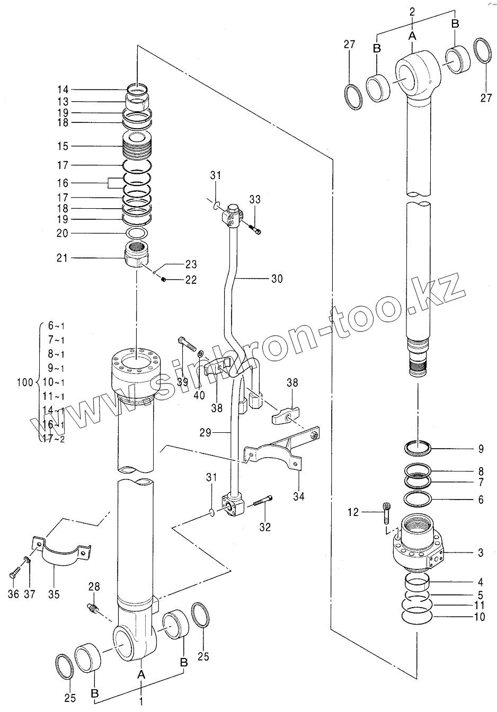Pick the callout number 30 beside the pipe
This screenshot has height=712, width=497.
(x=277, y=279)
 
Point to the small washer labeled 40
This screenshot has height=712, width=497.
(x=201, y=353)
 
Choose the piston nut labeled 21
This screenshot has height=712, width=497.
(x=137, y=255)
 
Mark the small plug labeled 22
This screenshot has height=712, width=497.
(x=164, y=280)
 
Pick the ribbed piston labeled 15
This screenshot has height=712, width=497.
(x=137, y=146)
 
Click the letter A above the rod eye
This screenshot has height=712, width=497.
(x=413, y=37)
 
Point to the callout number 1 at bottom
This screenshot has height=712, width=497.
(x=141, y=702)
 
